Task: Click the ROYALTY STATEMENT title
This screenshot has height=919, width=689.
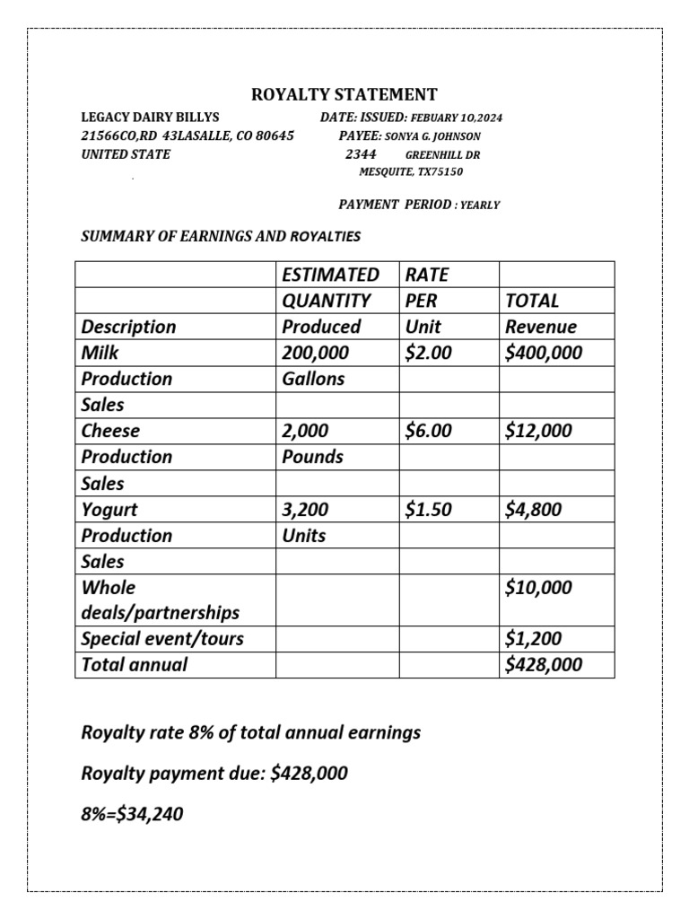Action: pyautogui.click(x=344, y=94)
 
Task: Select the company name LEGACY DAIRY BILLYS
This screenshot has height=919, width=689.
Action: pyautogui.click(x=150, y=118)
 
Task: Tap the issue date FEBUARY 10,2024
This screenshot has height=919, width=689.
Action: pyautogui.click(x=458, y=118)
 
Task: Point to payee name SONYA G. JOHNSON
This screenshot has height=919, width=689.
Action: pyautogui.click(x=432, y=136)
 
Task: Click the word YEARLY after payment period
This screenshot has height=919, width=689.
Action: pyautogui.click(x=479, y=206)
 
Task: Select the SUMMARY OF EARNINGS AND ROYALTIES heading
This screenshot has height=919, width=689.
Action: pyautogui.click(x=221, y=237)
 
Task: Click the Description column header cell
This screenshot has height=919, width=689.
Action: pyautogui.click(x=129, y=326)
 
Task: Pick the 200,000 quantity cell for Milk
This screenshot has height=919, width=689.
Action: pyautogui.click(x=316, y=353)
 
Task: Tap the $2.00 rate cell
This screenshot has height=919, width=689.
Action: pyautogui.click(x=429, y=353)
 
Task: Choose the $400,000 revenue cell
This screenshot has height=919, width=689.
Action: pyautogui.click(x=544, y=353)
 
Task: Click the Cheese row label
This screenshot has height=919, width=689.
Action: pyautogui.click(x=111, y=431)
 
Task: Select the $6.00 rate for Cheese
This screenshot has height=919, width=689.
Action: pyautogui.click(x=429, y=431)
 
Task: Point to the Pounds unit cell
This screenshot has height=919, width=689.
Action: pyautogui.click(x=313, y=457)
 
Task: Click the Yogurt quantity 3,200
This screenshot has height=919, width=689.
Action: pyautogui.click(x=306, y=510)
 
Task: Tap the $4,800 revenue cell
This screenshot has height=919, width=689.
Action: pyautogui.click(x=534, y=510)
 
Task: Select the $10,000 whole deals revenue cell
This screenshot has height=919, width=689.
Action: pyautogui.click(x=538, y=588)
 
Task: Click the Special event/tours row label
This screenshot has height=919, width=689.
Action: pyautogui.click(x=162, y=639)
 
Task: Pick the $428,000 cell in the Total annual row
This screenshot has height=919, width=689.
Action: pyautogui.click(x=544, y=665)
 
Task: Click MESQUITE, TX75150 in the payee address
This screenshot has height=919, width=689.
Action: pyautogui.click(x=411, y=171)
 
